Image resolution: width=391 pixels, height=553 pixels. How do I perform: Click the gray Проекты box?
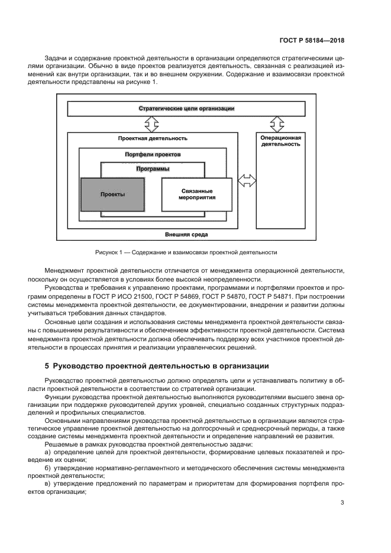(x=112, y=194)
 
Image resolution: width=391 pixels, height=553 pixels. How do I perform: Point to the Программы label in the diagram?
(x=153, y=169)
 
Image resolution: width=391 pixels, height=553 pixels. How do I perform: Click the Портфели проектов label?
(x=153, y=154)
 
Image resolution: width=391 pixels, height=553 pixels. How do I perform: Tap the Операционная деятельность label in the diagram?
(x=281, y=141)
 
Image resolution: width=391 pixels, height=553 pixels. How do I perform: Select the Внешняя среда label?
(x=186, y=234)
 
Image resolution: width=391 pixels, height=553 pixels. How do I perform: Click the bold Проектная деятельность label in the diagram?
(x=153, y=138)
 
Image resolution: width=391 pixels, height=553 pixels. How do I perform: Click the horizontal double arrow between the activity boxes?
(x=247, y=179)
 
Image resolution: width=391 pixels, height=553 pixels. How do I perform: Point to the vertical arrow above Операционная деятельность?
(x=275, y=125)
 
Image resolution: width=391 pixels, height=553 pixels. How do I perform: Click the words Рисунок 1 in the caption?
(x=109, y=253)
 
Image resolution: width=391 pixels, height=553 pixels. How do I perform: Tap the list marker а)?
(x=48, y=452)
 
